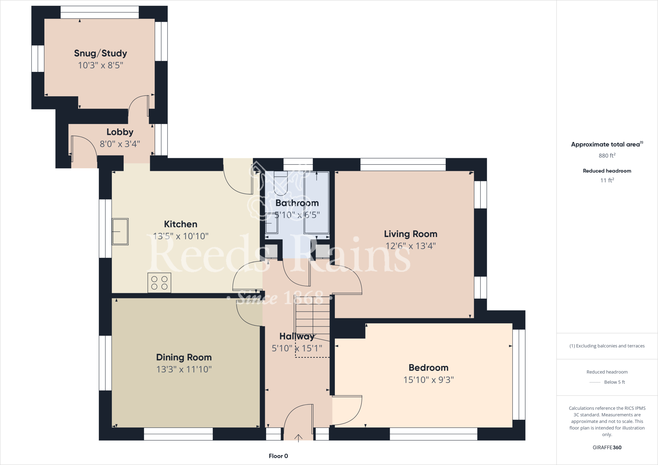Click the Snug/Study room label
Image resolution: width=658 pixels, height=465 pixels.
(x=101, y=53)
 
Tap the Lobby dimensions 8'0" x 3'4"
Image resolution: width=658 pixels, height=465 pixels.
(x=120, y=144)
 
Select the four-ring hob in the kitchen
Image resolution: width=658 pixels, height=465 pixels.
(x=159, y=283)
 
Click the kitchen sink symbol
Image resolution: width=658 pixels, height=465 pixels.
(x=120, y=232)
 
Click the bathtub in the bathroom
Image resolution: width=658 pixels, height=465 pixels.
(x=316, y=202)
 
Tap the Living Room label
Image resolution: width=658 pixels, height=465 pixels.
(x=411, y=234)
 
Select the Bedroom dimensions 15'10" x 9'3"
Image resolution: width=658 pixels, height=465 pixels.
(x=429, y=380)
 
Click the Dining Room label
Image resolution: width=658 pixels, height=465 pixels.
(x=184, y=357)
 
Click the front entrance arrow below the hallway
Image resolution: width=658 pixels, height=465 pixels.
(x=298, y=438)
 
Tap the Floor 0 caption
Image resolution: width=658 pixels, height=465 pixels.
(x=278, y=456)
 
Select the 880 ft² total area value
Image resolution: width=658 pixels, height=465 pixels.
(x=607, y=155)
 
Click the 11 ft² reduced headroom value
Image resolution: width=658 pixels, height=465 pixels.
(x=607, y=180)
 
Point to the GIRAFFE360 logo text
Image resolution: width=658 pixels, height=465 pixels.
(x=607, y=447)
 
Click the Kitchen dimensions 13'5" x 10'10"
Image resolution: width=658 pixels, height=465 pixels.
(x=181, y=236)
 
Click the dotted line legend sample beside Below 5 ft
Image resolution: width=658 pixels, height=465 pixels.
(x=595, y=382)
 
